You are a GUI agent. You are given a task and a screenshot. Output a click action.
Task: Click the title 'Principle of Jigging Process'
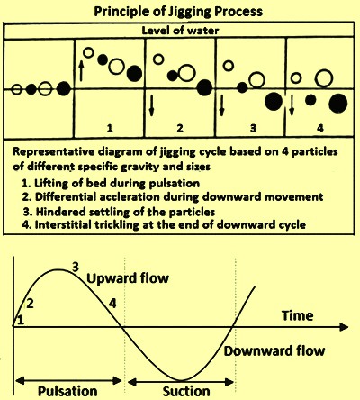pyautogui.click(x=178, y=12)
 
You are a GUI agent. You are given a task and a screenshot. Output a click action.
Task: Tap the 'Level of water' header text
pyautogui.click(x=180, y=31)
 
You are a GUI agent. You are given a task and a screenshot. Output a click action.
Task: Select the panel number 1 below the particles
pyautogui.click(x=110, y=129)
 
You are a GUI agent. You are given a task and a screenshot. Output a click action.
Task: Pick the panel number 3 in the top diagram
pyautogui.click(x=254, y=128)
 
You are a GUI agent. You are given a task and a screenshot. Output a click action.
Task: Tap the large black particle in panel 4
pyautogui.click(x=338, y=103)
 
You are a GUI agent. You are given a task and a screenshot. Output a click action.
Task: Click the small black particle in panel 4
pyautogui.click(x=310, y=100)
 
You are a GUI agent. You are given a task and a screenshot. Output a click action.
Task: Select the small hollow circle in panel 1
pyautogui.click(x=88, y=52)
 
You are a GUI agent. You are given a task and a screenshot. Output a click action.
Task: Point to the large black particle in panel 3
pyautogui.click(x=274, y=101)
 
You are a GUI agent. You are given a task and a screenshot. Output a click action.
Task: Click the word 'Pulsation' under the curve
pyautogui.click(x=67, y=391)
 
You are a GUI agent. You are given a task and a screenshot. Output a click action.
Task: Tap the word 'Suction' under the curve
pyautogui.click(x=186, y=391)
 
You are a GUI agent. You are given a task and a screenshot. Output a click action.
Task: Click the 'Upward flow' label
pyautogui.click(x=128, y=278)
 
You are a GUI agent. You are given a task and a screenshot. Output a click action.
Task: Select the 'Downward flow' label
pyautogui.click(x=274, y=350)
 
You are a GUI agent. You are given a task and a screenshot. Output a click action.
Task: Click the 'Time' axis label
pyautogui.click(x=297, y=315)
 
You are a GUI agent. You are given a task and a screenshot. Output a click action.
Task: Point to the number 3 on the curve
pyautogui.click(x=76, y=267)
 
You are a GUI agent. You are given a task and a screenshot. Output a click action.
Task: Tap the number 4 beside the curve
pyautogui.click(x=112, y=304)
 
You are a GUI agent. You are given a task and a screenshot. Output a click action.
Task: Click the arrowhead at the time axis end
pyautogui.click(x=344, y=327)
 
